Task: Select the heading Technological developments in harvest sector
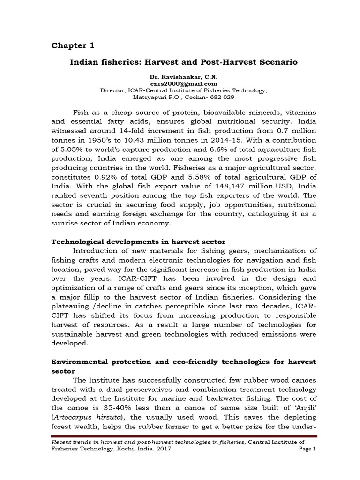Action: click(138, 241)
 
